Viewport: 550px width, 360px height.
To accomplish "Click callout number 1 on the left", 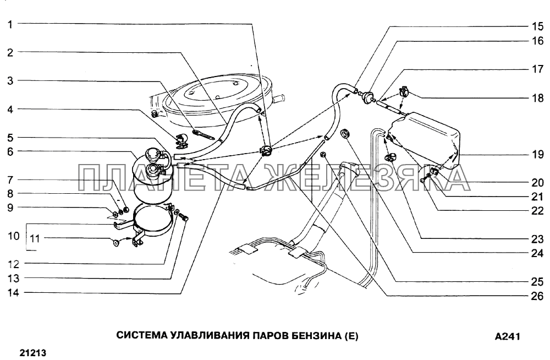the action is click(10, 24).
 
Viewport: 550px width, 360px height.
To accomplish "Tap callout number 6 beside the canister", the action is click(10, 151).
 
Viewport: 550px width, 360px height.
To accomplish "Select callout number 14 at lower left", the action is click(13, 292).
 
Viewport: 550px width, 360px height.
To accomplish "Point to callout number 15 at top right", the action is click(537, 26).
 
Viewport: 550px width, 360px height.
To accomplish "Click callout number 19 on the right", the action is click(537, 154).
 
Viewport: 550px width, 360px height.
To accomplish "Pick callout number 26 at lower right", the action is click(537, 296).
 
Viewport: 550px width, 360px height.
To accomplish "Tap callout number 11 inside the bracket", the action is click(35, 238).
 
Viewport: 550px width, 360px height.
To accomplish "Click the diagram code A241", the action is click(507, 336).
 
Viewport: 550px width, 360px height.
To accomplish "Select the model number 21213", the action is click(33, 353).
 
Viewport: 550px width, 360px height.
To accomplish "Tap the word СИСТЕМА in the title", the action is click(141, 336).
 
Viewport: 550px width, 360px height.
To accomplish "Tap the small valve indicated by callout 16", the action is click(368, 96).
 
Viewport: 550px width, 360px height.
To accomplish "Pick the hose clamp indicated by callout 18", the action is click(404, 92).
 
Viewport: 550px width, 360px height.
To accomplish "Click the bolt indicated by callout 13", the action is click(184, 218).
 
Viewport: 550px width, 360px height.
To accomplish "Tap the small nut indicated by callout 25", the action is click(323, 154).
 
